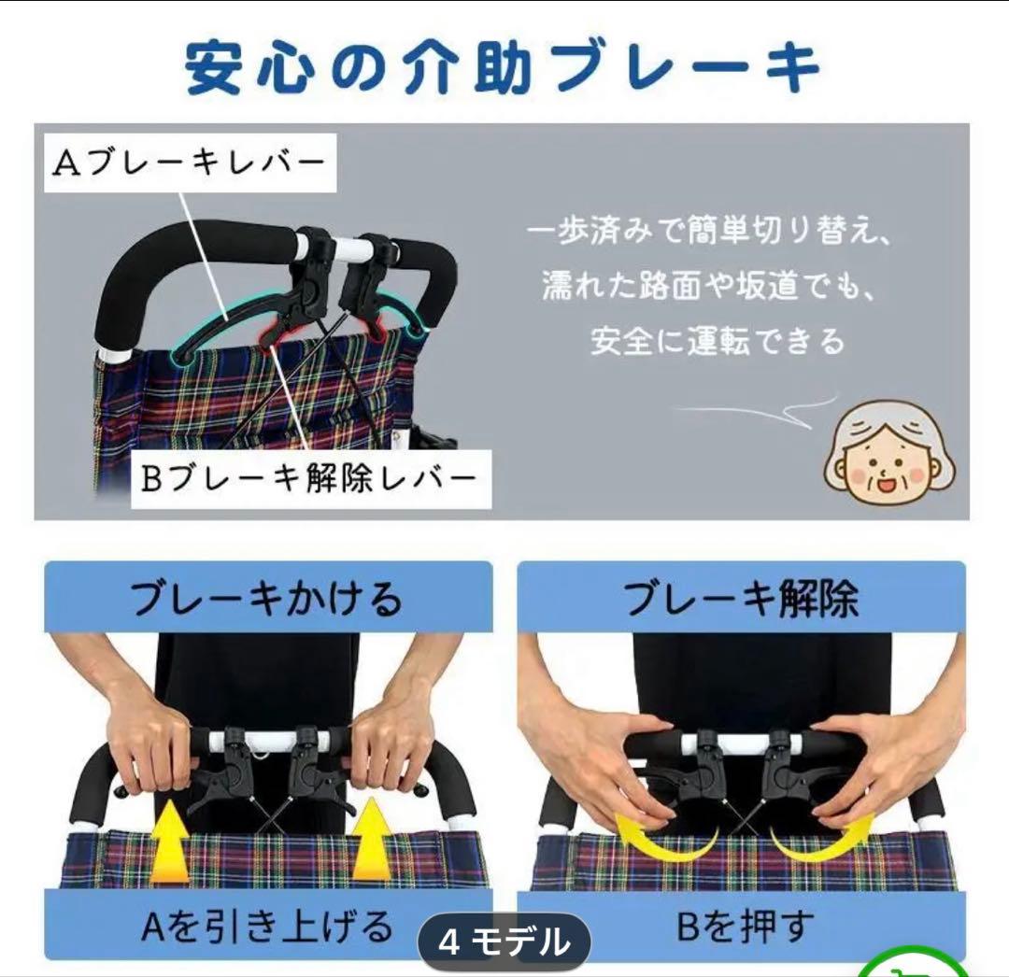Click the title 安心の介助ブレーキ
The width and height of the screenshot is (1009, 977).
(503, 67)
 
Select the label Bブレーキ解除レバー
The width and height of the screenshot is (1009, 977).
(309, 479)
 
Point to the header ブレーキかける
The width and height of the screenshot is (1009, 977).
(267, 598)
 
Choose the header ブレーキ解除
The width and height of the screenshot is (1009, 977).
(741, 598)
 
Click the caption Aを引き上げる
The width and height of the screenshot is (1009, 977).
(267, 927)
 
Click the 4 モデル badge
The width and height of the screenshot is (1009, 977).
(504, 942)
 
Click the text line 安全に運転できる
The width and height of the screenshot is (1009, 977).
(717, 342)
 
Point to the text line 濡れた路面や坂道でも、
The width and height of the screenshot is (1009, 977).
(709, 286)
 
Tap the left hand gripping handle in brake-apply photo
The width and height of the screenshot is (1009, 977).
(149, 743)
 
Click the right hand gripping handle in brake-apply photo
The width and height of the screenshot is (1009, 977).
(388, 743)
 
